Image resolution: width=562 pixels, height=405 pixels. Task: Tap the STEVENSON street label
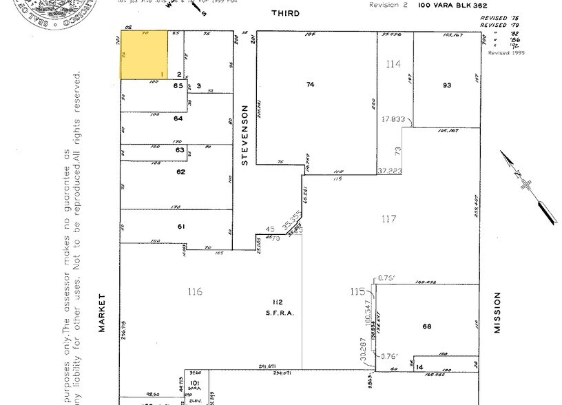click(x=243, y=135)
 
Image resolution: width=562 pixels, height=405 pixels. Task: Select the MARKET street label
click(x=101, y=313)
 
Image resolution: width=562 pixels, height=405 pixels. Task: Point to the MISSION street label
click(x=497, y=313)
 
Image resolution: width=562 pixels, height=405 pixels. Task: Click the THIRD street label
click(x=286, y=13)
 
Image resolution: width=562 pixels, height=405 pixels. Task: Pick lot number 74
click(x=310, y=84)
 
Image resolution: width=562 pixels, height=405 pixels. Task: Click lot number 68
click(x=426, y=326)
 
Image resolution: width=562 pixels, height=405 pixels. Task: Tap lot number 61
click(x=181, y=227)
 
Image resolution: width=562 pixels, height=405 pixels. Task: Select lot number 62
click(x=180, y=172)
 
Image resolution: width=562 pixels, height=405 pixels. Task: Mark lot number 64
click(x=178, y=118)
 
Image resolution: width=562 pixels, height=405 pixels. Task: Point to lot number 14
click(x=419, y=367)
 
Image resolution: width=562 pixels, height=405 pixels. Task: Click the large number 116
click(x=195, y=292)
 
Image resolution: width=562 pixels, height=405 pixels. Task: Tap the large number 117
click(x=389, y=219)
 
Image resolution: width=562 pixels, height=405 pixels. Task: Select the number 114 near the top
click(x=393, y=64)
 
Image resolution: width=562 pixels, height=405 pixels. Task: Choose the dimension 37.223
click(x=389, y=170)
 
